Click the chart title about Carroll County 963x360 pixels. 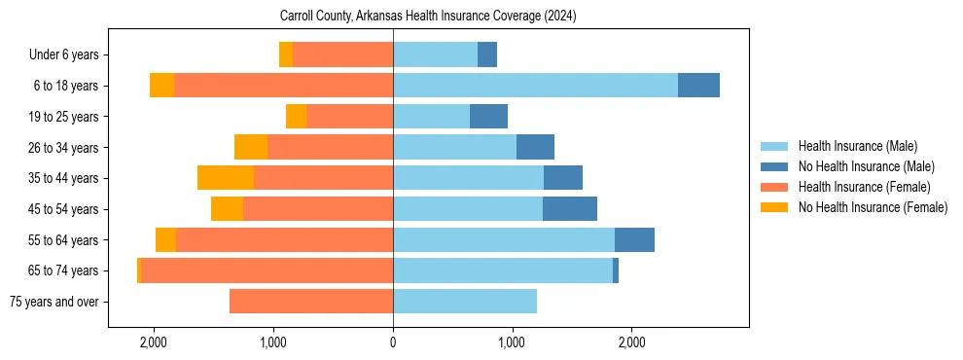point(428,17)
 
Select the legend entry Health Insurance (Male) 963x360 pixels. point(857,146)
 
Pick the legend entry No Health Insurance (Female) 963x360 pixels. point(873,207)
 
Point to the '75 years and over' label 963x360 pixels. point(54,302)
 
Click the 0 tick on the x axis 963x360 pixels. point(393,342)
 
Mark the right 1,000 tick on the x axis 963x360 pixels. point(512,342)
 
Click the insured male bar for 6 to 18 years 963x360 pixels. point(535,86)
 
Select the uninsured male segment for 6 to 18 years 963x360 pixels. point(698,86)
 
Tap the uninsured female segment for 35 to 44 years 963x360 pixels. point(226,178)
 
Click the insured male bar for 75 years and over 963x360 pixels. point(465,302)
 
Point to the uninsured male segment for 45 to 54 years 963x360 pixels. point(570,209)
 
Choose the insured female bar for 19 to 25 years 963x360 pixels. point(350,117)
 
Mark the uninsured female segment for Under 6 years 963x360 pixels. point(286,55)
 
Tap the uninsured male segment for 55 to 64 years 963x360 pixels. point(634,239)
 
